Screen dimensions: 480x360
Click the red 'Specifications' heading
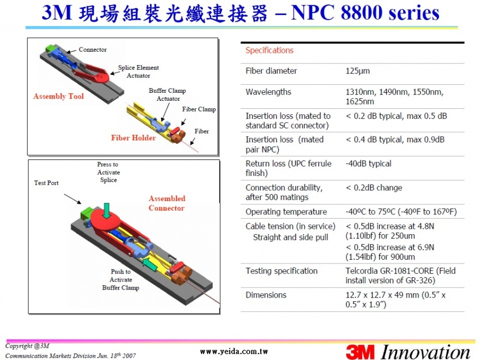pyautogui.click(x=269, y=51)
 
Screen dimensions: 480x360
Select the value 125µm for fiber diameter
pyautogui.click(x=357, y=71)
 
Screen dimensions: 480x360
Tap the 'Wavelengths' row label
pyautogui.click(x=268, y=92)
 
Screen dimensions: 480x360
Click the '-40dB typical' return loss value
pyautogui.click(x=368, y=164)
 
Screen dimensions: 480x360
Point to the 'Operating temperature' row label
pyautogui.click(x=286, y=212)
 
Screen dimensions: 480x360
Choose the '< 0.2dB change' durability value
pyautogui.click(x=374, y=188)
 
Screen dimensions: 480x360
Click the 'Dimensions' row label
pyautogui.click(x=266, y=295)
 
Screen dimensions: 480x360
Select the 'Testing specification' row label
pyautogui.click(x=281, y=271)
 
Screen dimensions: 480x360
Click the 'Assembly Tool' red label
pyautogui.click(x=59, y=97)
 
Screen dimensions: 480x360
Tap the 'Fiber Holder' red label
pyautogui.click(x=133, y=138)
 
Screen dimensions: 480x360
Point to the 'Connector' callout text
pyautogui.click(x=92, y=50)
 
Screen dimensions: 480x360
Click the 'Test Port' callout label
pyautogui.click(x=46, y=183)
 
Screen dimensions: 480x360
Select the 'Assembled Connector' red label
pyautogui.click(x=167, y=203)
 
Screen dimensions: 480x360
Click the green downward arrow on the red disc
pyautogui.click(x=107, y=211)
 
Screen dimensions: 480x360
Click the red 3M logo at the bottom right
pyautogui.click(x=361, y=352)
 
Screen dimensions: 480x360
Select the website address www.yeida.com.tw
pyautogui.click(x=234, y=352)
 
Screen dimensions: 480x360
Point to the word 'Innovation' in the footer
pyautogui.click(x=426, y=352)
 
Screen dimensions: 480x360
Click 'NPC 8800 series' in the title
pyautogui.click(x=365, y=13)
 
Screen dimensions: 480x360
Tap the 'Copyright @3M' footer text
pyautogui.click(x=27, y=346)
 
